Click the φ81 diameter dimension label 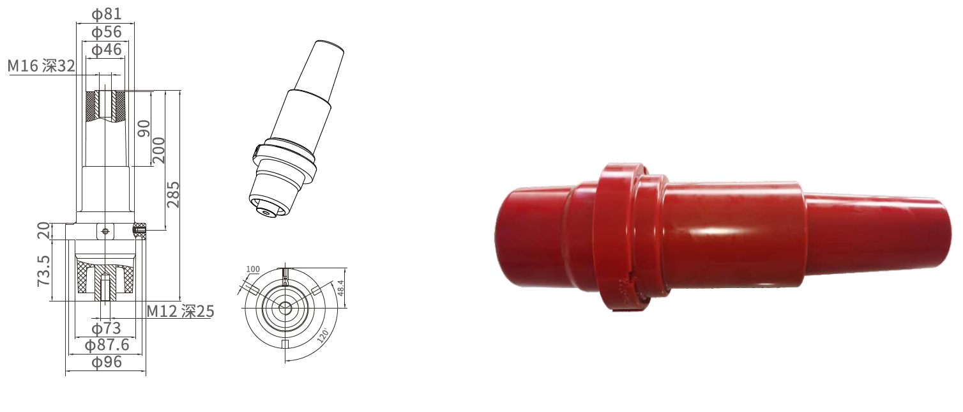pos(106,14)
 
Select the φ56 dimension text pos(106,32)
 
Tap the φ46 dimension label pos(106,49)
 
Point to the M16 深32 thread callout pos(42,66)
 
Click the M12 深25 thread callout pos(180,311)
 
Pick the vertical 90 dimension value pos(144,128)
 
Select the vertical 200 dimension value pos(158,150)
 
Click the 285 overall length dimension pos(173,194)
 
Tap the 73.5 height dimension pos(43,271)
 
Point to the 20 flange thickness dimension pos(43,231)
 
